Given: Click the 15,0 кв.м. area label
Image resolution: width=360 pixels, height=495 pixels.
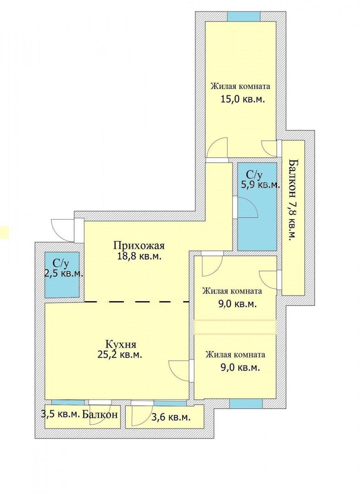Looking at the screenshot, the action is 242,99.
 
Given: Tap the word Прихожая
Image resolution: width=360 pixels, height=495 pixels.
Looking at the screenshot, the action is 139,245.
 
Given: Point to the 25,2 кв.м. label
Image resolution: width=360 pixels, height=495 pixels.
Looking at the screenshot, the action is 120,354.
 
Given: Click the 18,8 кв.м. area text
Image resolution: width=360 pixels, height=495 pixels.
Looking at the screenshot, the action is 139,256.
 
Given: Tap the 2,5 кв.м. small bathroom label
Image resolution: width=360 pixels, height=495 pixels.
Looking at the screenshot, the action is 64,273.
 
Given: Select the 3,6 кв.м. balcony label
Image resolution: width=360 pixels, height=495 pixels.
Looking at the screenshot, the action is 171,418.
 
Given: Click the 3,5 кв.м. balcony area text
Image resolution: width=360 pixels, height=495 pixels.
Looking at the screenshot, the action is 61,414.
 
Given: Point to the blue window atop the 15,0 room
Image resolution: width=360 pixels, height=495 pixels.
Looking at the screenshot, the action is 244,16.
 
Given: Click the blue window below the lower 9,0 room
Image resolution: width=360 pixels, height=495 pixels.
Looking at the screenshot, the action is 246,403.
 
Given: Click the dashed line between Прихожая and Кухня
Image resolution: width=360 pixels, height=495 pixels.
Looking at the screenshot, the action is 137,302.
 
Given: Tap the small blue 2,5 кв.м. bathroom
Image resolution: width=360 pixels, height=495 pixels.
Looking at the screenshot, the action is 62,275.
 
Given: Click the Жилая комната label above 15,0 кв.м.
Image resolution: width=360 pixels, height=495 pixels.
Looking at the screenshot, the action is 240,86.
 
